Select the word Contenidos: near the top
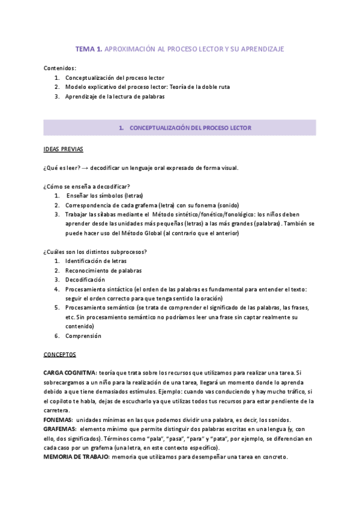pos(60,68)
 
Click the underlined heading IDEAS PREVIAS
pos(64,148)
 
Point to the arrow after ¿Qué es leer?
pos(85,167)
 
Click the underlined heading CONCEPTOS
pos(60,355)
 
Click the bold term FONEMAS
pos(58,420)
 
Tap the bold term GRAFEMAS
pos(59,430)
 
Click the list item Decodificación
pos(85,280)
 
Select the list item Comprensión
pos(83,336)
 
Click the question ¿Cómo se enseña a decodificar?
pos(86,186)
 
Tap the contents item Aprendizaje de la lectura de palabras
pos(115,96)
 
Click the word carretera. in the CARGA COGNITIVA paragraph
pos(59,411)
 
